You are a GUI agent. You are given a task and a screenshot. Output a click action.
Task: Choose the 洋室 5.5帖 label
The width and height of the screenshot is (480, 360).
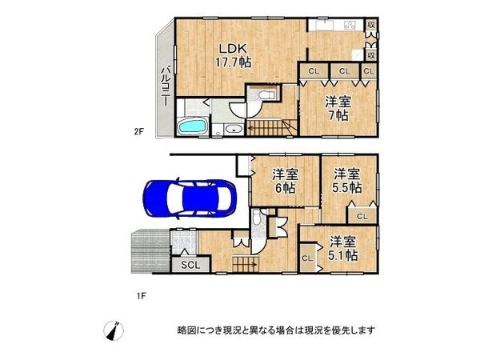(346, 180)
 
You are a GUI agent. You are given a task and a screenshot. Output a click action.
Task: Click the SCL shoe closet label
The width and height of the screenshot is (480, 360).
(190, 266)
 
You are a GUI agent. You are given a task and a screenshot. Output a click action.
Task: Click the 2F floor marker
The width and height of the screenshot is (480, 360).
(138, 134)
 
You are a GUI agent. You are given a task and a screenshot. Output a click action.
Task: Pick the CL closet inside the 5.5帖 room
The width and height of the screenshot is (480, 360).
(362, 216)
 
